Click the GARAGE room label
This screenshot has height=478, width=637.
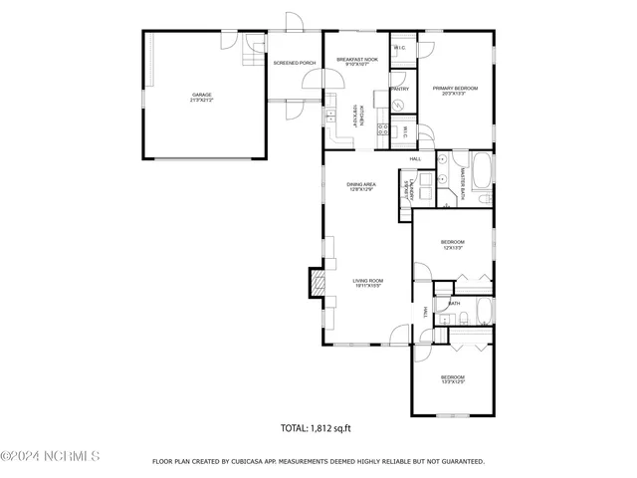click(x=202, y=96)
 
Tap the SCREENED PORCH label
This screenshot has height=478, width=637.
click(x=295, y=63)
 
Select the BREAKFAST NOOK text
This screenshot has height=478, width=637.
click(x=354, y=60)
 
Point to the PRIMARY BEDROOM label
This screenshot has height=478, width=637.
click(x=455, y=88)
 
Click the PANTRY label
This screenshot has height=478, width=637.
click(x=400, y=89)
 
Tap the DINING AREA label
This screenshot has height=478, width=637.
click(x=360, y=185)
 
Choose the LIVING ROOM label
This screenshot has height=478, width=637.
click(x=367, y=281)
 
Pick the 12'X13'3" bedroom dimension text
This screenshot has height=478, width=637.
click(x=453, y=247)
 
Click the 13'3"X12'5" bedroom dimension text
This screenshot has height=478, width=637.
click(x=453, y=381)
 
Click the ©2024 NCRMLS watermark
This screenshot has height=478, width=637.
click(x=50, y=457)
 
